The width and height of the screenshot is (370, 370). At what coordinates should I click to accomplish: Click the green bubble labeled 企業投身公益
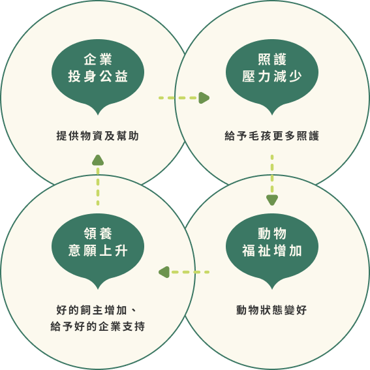[98, 76]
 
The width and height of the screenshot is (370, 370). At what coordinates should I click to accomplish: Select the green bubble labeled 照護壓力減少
[272, 76]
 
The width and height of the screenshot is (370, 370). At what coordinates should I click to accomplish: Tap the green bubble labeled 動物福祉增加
[272, 250]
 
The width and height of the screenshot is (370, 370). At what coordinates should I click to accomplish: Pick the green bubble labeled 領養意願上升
[98, 250]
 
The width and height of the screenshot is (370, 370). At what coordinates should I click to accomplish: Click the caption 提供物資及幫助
[97, 136]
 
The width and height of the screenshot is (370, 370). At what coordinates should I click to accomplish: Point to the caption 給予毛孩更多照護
[272, 136]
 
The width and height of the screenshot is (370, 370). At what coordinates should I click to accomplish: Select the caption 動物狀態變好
[271, 310]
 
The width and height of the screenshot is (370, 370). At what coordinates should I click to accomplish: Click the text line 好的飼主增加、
[97, 310]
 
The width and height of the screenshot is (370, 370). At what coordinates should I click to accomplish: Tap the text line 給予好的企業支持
[97, 326]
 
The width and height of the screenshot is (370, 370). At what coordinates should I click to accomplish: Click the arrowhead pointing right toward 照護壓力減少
[204, 98]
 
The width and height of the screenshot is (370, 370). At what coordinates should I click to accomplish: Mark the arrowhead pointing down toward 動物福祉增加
[272, 200]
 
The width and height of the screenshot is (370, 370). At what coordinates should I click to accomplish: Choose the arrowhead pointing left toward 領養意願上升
[164, 272]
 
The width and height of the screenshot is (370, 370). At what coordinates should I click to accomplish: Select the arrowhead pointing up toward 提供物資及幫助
[98, 160]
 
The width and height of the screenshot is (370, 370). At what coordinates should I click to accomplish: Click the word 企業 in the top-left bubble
[98, 59]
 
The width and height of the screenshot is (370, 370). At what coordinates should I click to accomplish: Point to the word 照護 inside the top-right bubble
[272, 59]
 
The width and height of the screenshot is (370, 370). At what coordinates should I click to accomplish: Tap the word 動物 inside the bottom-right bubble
[272, 234]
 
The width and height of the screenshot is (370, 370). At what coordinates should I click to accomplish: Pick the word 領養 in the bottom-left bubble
[98, 234]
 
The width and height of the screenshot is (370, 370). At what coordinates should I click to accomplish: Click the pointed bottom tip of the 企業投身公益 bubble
[98, 115]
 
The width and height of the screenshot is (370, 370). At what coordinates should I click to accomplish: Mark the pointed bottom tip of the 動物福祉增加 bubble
[272, 289]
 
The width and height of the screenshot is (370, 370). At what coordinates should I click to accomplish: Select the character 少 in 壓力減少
[296, 76]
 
